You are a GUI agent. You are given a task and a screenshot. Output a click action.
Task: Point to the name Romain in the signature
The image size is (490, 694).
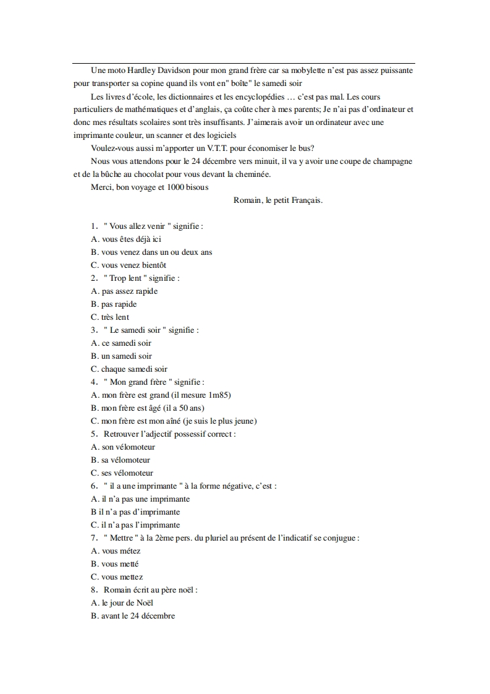pos(248,200)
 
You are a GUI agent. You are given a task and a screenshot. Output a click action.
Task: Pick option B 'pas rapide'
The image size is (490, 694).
pos(114,304)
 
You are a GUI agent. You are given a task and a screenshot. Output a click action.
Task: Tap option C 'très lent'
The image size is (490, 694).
pos(110,317)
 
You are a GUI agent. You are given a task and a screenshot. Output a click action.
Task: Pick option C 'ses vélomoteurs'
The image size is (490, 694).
pos(122,473)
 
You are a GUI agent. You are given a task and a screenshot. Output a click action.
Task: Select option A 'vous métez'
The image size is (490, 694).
pos(116,551)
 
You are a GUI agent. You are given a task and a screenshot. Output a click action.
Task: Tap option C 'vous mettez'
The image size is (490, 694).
pos(117,577)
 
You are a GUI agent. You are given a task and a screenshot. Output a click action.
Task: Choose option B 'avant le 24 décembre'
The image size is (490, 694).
pos(132,616)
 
